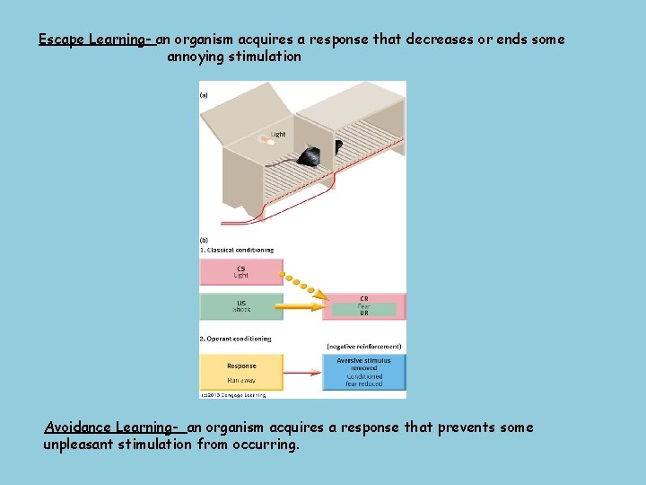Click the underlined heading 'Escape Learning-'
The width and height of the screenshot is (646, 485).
97,40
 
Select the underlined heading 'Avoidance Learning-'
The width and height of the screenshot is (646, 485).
115,428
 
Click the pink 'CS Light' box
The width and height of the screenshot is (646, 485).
240,270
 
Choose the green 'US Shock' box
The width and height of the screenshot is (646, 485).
240,306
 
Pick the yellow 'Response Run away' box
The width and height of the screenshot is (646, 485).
240,371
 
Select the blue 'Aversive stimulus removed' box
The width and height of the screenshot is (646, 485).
363,372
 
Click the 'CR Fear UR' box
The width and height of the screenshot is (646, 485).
363,305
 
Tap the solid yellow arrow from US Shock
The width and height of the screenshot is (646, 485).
301,307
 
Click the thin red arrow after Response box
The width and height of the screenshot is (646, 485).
302,371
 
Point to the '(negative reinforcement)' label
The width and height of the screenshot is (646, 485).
363,347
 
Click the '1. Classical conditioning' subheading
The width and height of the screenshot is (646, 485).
237,250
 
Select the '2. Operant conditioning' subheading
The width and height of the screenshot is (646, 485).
235,339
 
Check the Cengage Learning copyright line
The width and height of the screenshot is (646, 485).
233,394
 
